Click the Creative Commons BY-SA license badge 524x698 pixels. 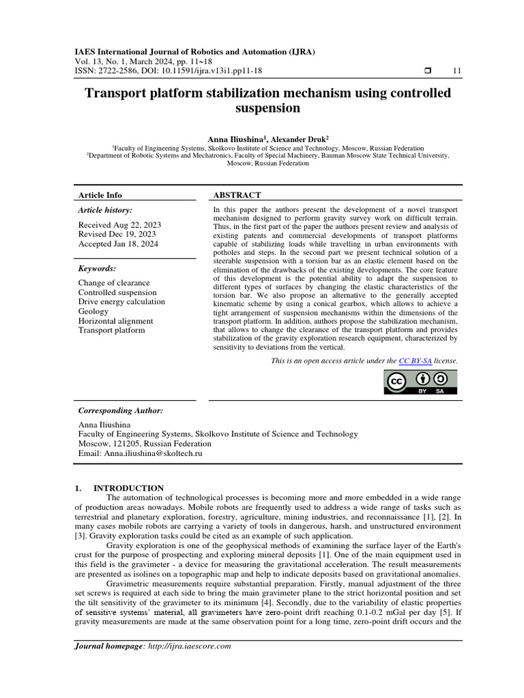coord(420,383)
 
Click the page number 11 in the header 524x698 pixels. coord(456,72)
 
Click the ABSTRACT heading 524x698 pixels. coord(237,195)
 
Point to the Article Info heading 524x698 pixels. coord(100,195)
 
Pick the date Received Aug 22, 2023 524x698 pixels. coord(119,225)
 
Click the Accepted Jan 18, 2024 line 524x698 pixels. coord(119,244)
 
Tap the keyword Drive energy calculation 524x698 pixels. coord(121,302)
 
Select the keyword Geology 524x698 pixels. coord(93,312)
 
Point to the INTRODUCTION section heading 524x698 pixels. coord(128,488)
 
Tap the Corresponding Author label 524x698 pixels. coord(121,410)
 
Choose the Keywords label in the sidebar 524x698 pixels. coord(97,269)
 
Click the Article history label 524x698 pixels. coord(105,211)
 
